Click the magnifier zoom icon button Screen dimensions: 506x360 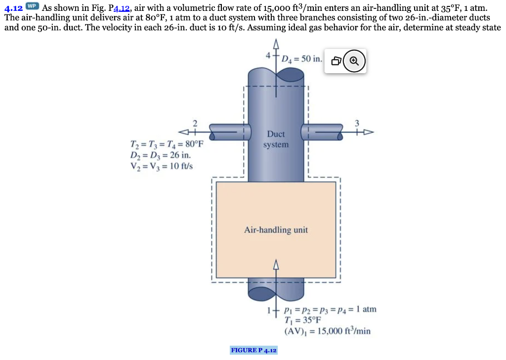(354, 61)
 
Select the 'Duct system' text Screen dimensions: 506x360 (276, 139)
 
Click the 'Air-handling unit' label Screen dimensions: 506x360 (276, 230)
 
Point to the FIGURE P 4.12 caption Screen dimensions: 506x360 (254, 351)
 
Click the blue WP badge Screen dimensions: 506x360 (32, 6)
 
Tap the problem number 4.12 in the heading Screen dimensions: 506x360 (13, 8)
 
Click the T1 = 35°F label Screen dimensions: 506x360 (302, 320)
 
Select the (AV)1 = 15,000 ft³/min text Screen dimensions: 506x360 (327, 331)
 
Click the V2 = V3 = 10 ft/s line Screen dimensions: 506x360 (161, 166)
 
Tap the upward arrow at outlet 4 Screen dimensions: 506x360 (275, 44)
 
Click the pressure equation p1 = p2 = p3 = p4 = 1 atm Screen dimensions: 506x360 (330, 310)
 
